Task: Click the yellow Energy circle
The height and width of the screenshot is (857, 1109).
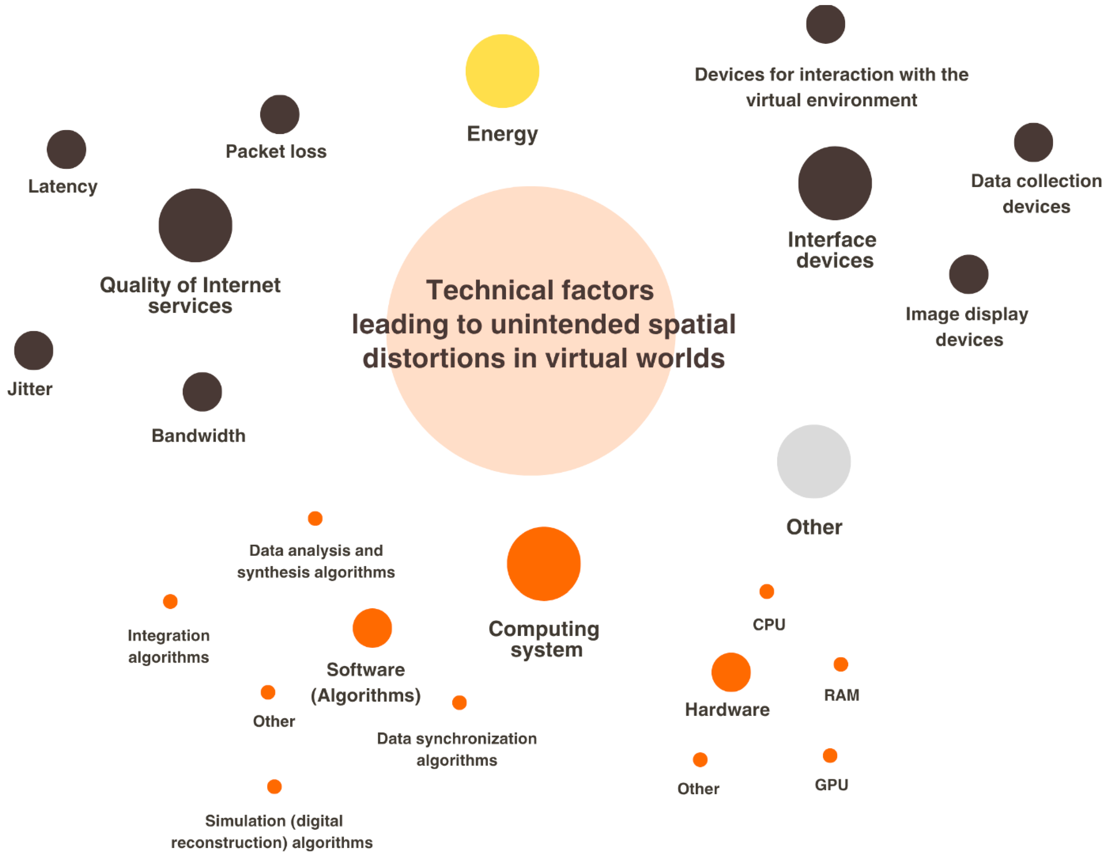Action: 502,71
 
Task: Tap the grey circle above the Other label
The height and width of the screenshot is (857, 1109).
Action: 813,461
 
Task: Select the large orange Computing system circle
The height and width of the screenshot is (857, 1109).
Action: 543,564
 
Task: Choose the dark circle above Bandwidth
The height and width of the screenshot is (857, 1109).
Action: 202,392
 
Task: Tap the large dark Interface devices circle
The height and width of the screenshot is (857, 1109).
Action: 835,183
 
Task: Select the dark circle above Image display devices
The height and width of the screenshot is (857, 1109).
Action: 968,274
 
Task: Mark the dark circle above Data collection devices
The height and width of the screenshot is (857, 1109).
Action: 1033,142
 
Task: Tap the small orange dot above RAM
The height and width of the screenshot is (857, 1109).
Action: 841,664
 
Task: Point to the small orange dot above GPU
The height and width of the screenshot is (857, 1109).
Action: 830,755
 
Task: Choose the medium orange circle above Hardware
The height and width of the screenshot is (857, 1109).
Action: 731,672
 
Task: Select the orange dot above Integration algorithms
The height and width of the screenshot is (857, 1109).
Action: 170,601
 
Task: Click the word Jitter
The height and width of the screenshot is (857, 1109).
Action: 30,389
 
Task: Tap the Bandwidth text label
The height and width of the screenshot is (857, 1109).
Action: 198,436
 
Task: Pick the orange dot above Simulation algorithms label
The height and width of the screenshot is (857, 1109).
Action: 274,787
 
